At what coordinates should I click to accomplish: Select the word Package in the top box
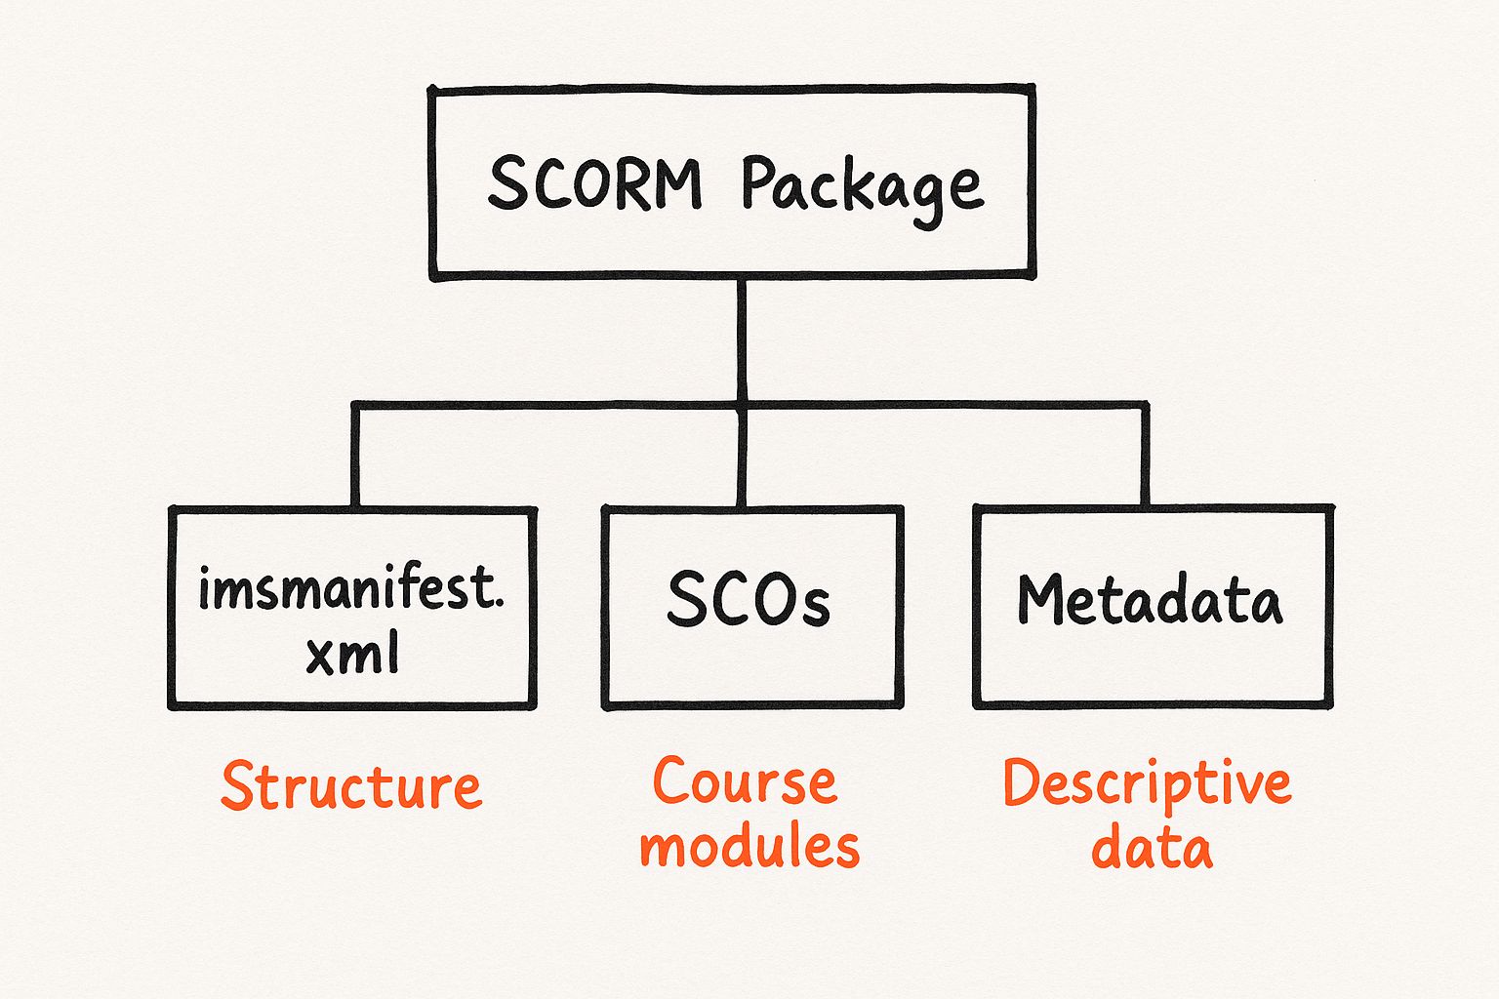(x=861, y=185)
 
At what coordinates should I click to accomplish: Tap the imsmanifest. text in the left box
(x=351, y=588)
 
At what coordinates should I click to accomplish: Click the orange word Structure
(x=351, y=786)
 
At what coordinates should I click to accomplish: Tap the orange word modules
(x=749, y=846)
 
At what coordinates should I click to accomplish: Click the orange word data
(x=1152, y=848)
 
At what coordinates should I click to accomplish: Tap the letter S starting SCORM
(x=507, y=183)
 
